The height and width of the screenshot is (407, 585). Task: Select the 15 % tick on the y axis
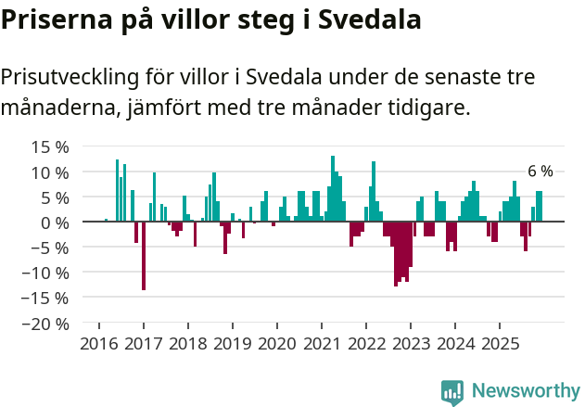[x=50, y=146]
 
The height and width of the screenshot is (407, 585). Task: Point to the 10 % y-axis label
[x=50, y=172]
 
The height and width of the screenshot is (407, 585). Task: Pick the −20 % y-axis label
[x=45, y=324]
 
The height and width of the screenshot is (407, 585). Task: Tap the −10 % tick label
[x=45, y=273]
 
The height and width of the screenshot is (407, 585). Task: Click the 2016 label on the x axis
[x=98, y=344]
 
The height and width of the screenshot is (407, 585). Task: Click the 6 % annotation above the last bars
[x=540, y=172]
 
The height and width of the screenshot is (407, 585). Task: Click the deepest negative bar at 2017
[x=144, y=256]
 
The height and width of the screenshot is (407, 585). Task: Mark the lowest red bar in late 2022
[x=396, y=254]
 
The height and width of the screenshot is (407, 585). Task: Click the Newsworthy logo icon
[x=452, y=391]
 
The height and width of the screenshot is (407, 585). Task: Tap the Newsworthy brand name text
[x=525, y=391]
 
